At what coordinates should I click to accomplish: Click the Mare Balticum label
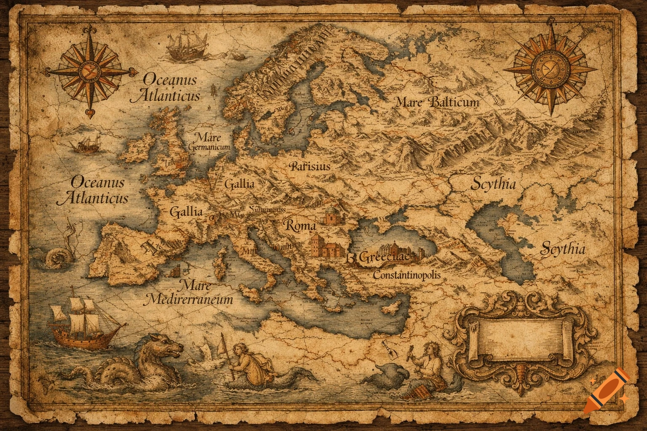pos(437,102)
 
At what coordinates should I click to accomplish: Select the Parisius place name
pos(310,166)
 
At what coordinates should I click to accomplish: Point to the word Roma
pos(300,226)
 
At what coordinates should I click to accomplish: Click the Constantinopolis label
pos(407,276)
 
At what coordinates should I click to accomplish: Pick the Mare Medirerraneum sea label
pos(188,293)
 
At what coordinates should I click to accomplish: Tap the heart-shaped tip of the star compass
pos(90,112)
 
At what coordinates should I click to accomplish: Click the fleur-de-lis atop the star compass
pos(90,31)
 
